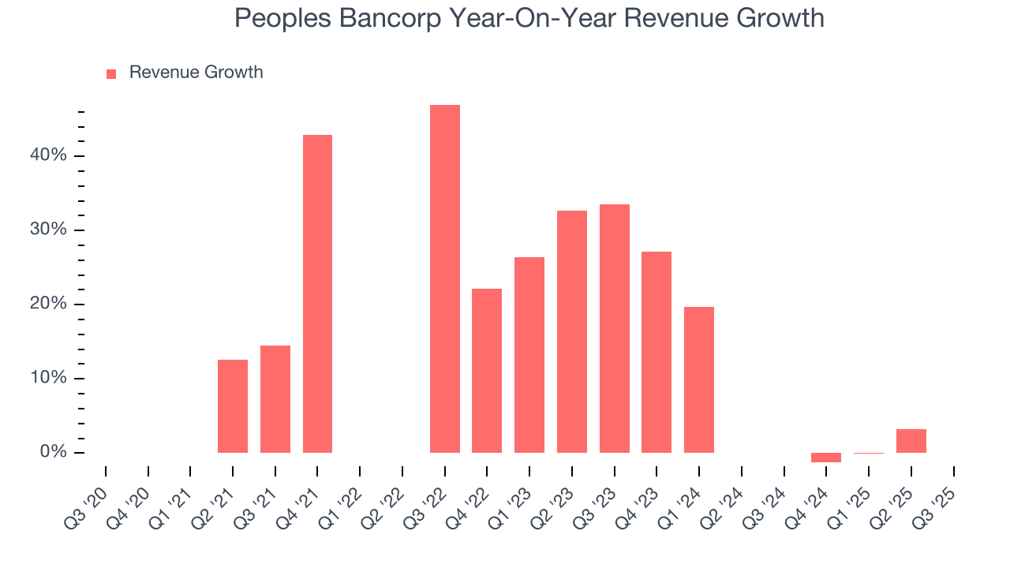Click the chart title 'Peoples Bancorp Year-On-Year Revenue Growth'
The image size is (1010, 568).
[x=529, y=18]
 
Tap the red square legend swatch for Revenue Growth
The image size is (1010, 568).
[x=111, y=73]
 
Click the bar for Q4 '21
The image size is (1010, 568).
[x=317, y=293]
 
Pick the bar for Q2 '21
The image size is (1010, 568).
[x=233, y=406]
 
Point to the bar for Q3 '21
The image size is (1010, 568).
[x=275, y=399]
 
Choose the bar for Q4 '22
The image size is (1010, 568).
[x=487, y=371]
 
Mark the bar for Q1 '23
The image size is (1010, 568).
[x=529, y=355]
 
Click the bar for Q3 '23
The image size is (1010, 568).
[x=615, y=328]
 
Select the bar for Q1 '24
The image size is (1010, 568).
[x=699, y=379]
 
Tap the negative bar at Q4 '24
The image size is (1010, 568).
[x=826, y=458]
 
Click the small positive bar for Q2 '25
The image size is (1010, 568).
[x=911, y=441]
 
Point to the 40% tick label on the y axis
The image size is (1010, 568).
[x=49, y=155]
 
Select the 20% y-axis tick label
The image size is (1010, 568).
[x=49, y=304]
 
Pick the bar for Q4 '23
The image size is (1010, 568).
[x=656, y=352]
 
